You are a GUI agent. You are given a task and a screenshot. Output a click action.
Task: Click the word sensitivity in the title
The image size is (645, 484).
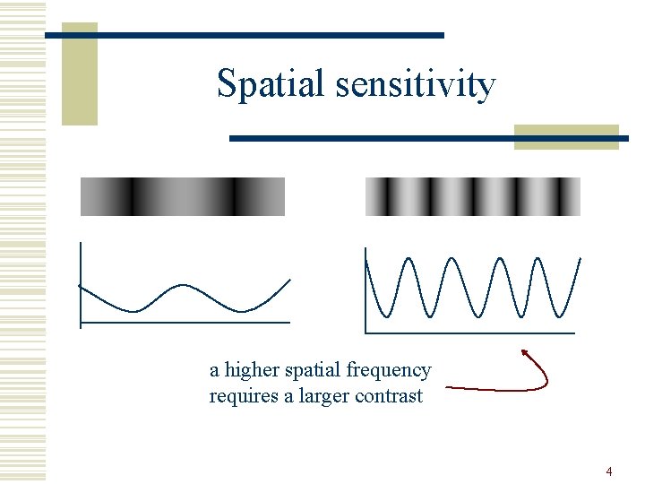pos(416,85)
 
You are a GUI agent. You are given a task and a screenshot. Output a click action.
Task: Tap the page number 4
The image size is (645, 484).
pos(609,471)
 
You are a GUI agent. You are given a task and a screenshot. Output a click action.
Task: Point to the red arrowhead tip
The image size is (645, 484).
pos(524,350)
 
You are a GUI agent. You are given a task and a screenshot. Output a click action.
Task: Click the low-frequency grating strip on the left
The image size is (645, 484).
pos(183,196)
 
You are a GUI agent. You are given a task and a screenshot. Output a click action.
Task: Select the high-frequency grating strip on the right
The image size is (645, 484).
pos(473,196)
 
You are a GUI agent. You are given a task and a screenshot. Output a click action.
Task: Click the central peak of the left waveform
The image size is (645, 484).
pos(184,286)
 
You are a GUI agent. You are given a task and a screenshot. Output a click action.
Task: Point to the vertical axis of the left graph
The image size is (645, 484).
pos(81,282)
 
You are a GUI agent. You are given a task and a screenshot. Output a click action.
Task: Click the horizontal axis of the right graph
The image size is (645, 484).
pos(470,333)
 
